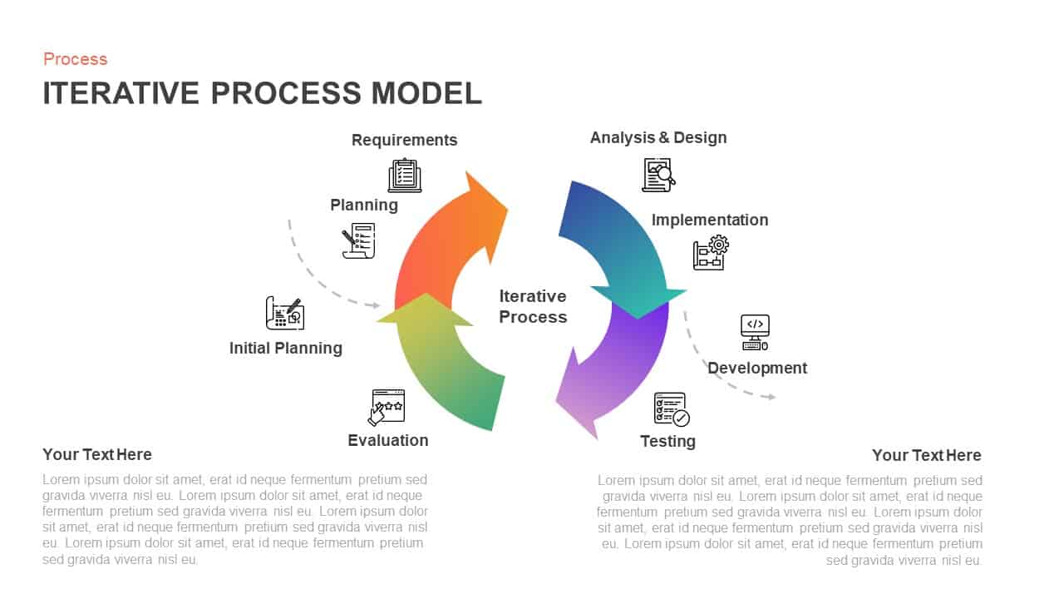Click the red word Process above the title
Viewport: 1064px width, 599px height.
[x=75, y=59]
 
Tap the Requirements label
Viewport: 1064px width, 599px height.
[x=404, y=140]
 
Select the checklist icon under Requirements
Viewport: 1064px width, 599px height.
[x=405, y=176]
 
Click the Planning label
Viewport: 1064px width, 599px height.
[x=364, y=205]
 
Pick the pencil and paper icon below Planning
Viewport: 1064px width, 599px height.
[x=359, y=240]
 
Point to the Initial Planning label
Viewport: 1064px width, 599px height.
[x=285, y=348]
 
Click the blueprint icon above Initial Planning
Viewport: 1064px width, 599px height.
[x=284, y=313]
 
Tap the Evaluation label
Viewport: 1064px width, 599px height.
[x=387, y=440]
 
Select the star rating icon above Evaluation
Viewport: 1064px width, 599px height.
[x=387, y=407]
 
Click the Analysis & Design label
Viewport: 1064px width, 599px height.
[x=658, y=137]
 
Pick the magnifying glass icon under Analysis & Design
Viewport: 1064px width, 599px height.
[x=658, y=175]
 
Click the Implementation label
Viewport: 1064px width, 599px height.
[x=709, y=220]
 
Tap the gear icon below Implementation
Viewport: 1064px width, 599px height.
[x=712, y=253]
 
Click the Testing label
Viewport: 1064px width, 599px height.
[x=667, y=441]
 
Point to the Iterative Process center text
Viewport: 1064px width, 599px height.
[x=533, y=306]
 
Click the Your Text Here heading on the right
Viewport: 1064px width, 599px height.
[x=926, y=455]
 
